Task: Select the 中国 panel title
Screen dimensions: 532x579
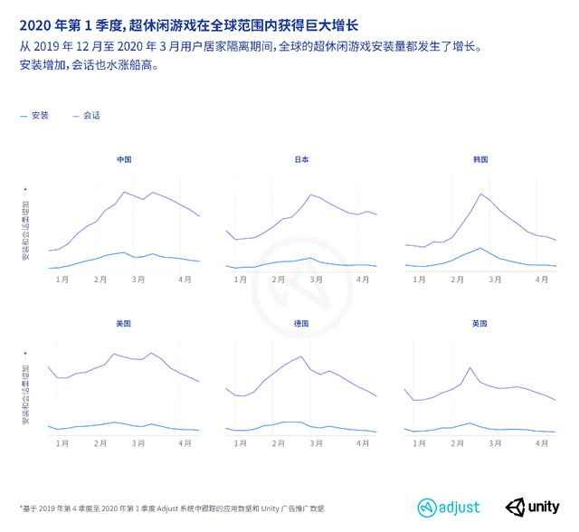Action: tap(124, 159)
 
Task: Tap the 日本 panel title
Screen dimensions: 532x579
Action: tap(301, 159)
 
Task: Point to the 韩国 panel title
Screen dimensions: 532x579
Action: tap(480, 159)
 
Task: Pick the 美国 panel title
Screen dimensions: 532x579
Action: tap(124, 324)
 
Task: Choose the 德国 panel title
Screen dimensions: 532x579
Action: tap(301, 324)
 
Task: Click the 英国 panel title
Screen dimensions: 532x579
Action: tap(480, 324)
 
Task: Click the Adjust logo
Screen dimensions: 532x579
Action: tap(449, 507)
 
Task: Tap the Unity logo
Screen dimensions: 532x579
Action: tap(533, 507)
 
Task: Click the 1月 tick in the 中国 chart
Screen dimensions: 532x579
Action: tap(62, 280)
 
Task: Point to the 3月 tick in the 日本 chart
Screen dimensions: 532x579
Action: tap(316, 280)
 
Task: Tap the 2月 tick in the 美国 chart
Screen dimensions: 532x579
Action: tap(100, 443)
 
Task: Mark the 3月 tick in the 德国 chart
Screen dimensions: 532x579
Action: tap(316, 443)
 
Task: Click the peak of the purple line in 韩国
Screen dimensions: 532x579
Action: tap(480, 193)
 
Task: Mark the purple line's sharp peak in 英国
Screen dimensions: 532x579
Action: tap(470, 367)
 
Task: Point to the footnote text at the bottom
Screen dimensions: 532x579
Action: tap(171, 508)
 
